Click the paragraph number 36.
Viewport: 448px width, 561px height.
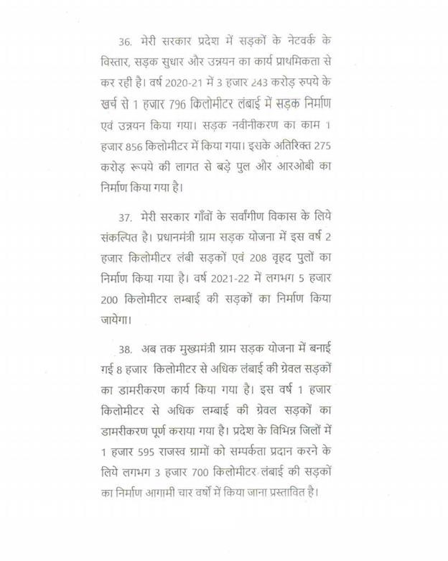tap(126, 40)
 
